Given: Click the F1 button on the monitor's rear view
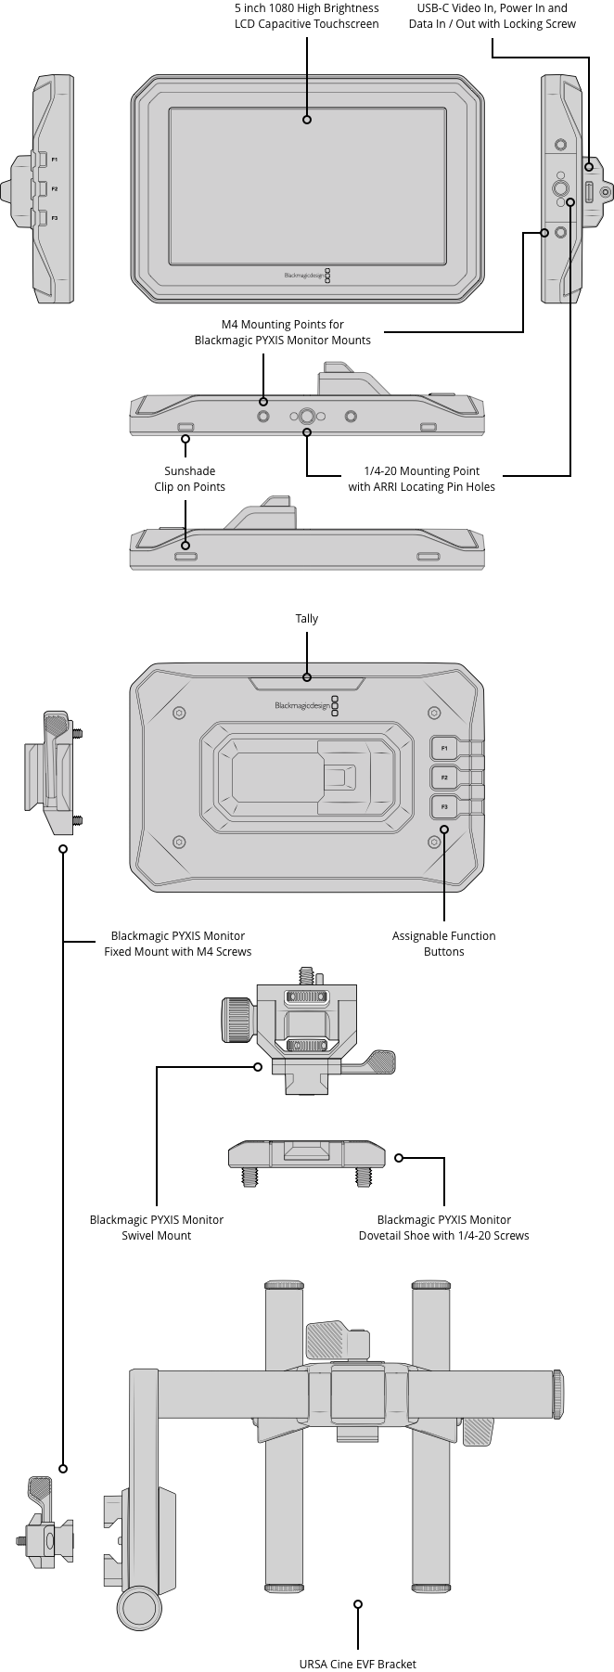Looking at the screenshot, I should click(x=444, y=748).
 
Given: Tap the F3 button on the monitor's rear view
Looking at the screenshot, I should click(x=444, y=805).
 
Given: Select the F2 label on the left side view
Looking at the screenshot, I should click(x=55, y=188).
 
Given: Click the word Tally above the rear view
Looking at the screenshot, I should click(x=306, y=619).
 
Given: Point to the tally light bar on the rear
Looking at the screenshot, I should click(x=306, y=685).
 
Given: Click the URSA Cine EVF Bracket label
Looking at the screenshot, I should click(x=357, y=1664).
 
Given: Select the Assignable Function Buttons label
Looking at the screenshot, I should click(x=443, y=944).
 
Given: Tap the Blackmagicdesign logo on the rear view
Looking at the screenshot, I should click(x=302, y=706).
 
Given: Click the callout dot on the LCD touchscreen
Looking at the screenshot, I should click(x=307, y=119).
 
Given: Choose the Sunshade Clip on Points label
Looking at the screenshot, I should click(x=189, y=479).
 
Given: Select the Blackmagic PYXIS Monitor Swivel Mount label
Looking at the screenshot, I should click(x=156, y=1228).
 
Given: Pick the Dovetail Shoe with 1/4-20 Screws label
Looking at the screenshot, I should click(x=443, y=1228).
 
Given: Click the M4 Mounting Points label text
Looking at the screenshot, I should click(x=282, y=332).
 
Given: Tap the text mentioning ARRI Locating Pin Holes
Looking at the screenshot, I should click(x=421, y=479).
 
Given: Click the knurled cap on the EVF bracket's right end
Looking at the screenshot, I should click(x=557, y=1394).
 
